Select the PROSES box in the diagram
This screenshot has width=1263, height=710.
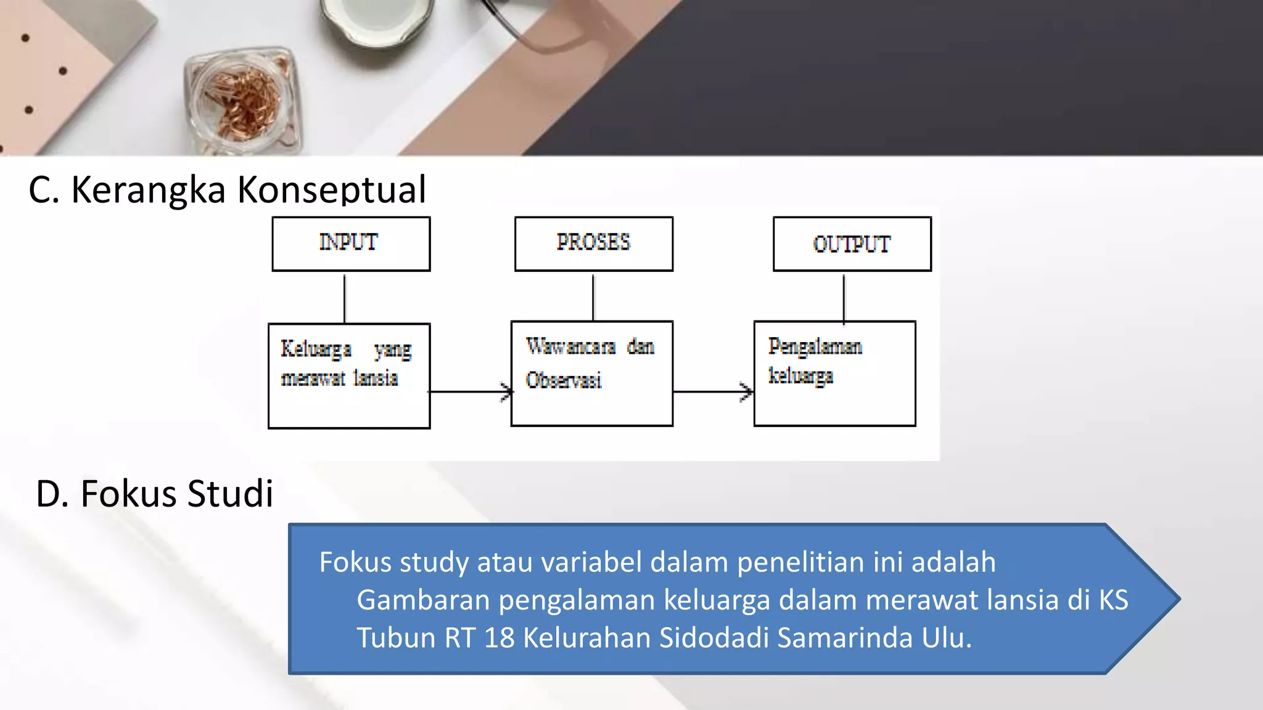(x=593, y=243)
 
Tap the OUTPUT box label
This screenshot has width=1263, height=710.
(x=852, y=244)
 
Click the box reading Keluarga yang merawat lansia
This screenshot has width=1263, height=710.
(x=349, y=375)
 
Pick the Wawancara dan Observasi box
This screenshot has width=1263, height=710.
(x=591, y=373)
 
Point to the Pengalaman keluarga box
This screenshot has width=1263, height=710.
(x=834, y=373)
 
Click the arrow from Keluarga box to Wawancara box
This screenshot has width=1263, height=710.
(x=470, y=391)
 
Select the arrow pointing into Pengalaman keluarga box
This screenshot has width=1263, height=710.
(x=713, y=391)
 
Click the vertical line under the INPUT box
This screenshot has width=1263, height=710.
(x=345, y=298)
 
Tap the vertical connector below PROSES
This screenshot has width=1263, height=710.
(x=593, y=296)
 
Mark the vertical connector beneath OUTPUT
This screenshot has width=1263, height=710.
(x=844, y=296)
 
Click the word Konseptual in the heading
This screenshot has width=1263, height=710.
(x=332, y=189)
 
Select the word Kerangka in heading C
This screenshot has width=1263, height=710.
(x=149, y=189)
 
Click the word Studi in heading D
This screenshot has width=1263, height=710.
(x=230, y=494)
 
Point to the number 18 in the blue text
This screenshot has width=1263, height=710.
(x=499, y=638)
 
